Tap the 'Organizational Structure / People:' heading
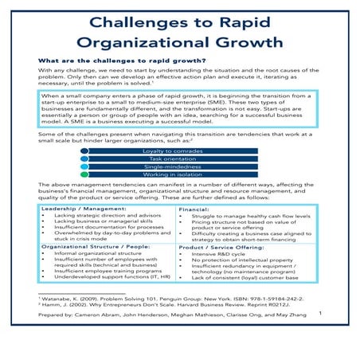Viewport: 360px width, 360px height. (96, 269)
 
